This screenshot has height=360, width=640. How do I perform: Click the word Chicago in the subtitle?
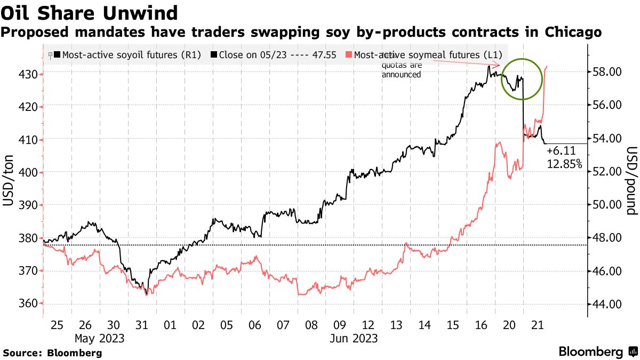point(573,33)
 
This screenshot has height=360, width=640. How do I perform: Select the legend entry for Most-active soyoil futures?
point(131,54)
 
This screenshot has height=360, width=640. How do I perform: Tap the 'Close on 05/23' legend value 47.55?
point(323,54)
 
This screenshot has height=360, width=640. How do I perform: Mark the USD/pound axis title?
point(631,181)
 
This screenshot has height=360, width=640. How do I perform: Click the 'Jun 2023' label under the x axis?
point(353,338)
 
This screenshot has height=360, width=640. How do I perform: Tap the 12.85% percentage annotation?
point(564,164)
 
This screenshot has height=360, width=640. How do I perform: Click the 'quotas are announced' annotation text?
point(401,70)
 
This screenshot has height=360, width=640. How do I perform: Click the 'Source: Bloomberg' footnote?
point(52,353)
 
